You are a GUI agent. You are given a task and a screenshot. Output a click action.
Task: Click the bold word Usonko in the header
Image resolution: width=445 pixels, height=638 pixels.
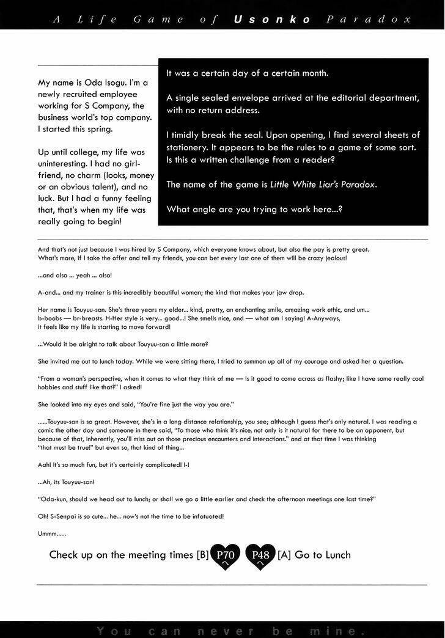pos(272,20)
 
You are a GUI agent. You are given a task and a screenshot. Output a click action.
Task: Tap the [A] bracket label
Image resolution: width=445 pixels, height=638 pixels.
pos(284,555)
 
